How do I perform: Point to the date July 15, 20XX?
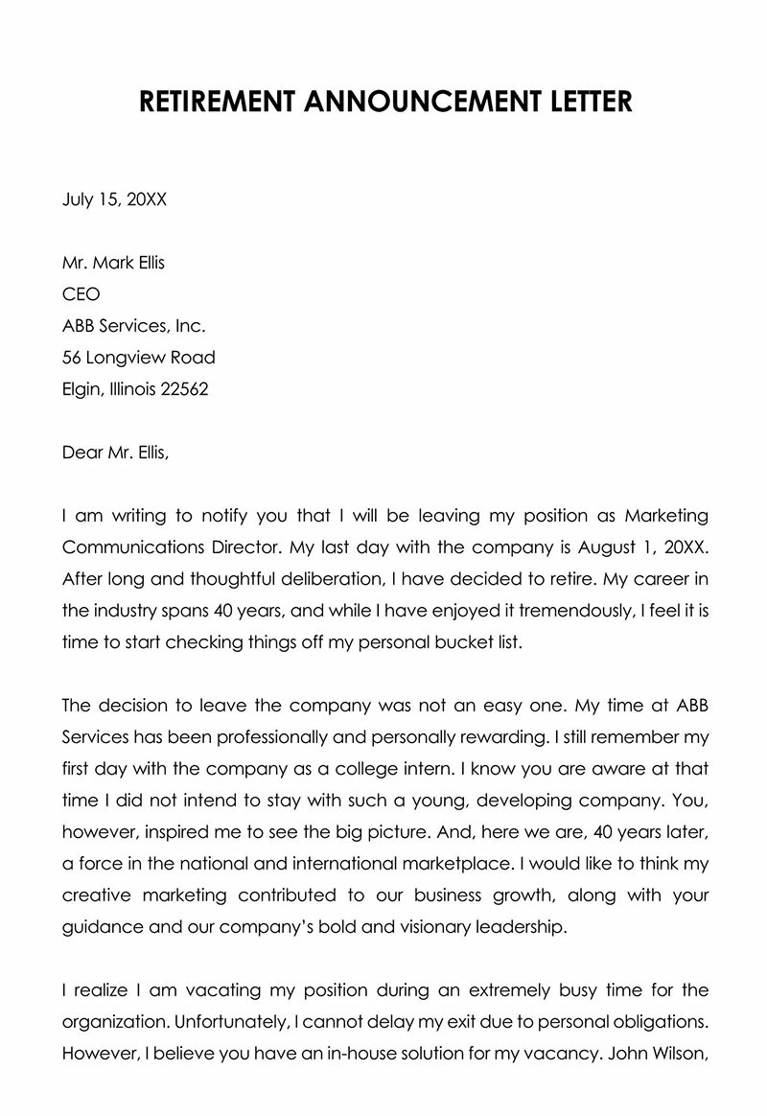point(114,199)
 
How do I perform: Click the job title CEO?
point(81,294)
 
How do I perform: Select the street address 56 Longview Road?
point(138,358)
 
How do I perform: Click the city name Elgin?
point(82,389)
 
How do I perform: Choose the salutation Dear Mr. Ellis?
point(114,453)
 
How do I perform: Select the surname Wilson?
point(678,1054)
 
